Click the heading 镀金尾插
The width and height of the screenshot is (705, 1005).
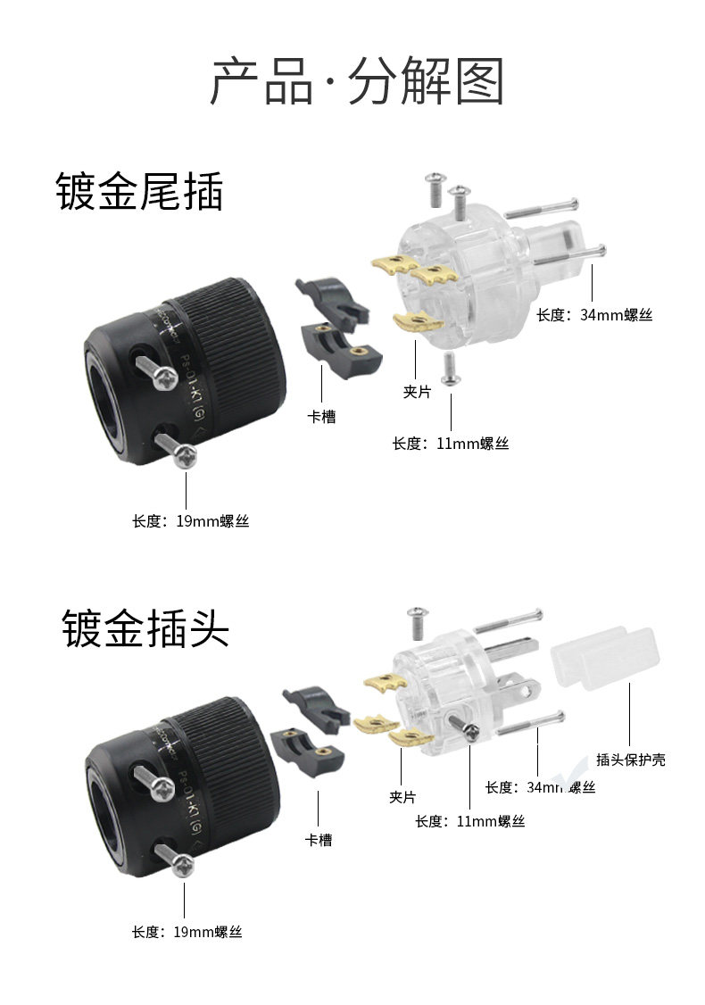tap(139, 192)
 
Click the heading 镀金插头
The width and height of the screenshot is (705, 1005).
tap(145, 628)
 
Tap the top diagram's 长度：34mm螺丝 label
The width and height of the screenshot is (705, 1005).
tap(594, 315)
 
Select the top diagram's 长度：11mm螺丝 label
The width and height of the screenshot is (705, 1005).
tap(451, 444)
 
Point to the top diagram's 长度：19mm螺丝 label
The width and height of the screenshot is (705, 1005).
tap(190, 521)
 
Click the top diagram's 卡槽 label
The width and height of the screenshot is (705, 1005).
tap(321, 417)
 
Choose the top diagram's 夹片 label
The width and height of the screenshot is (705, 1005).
tap(417, 392)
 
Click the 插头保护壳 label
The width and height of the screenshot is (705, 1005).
tap(631, 760)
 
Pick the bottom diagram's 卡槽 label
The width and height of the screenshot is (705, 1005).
tap(319, 840)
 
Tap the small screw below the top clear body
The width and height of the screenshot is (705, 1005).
tap(450, 367)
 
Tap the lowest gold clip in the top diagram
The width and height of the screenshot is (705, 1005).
tap(417, 323)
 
